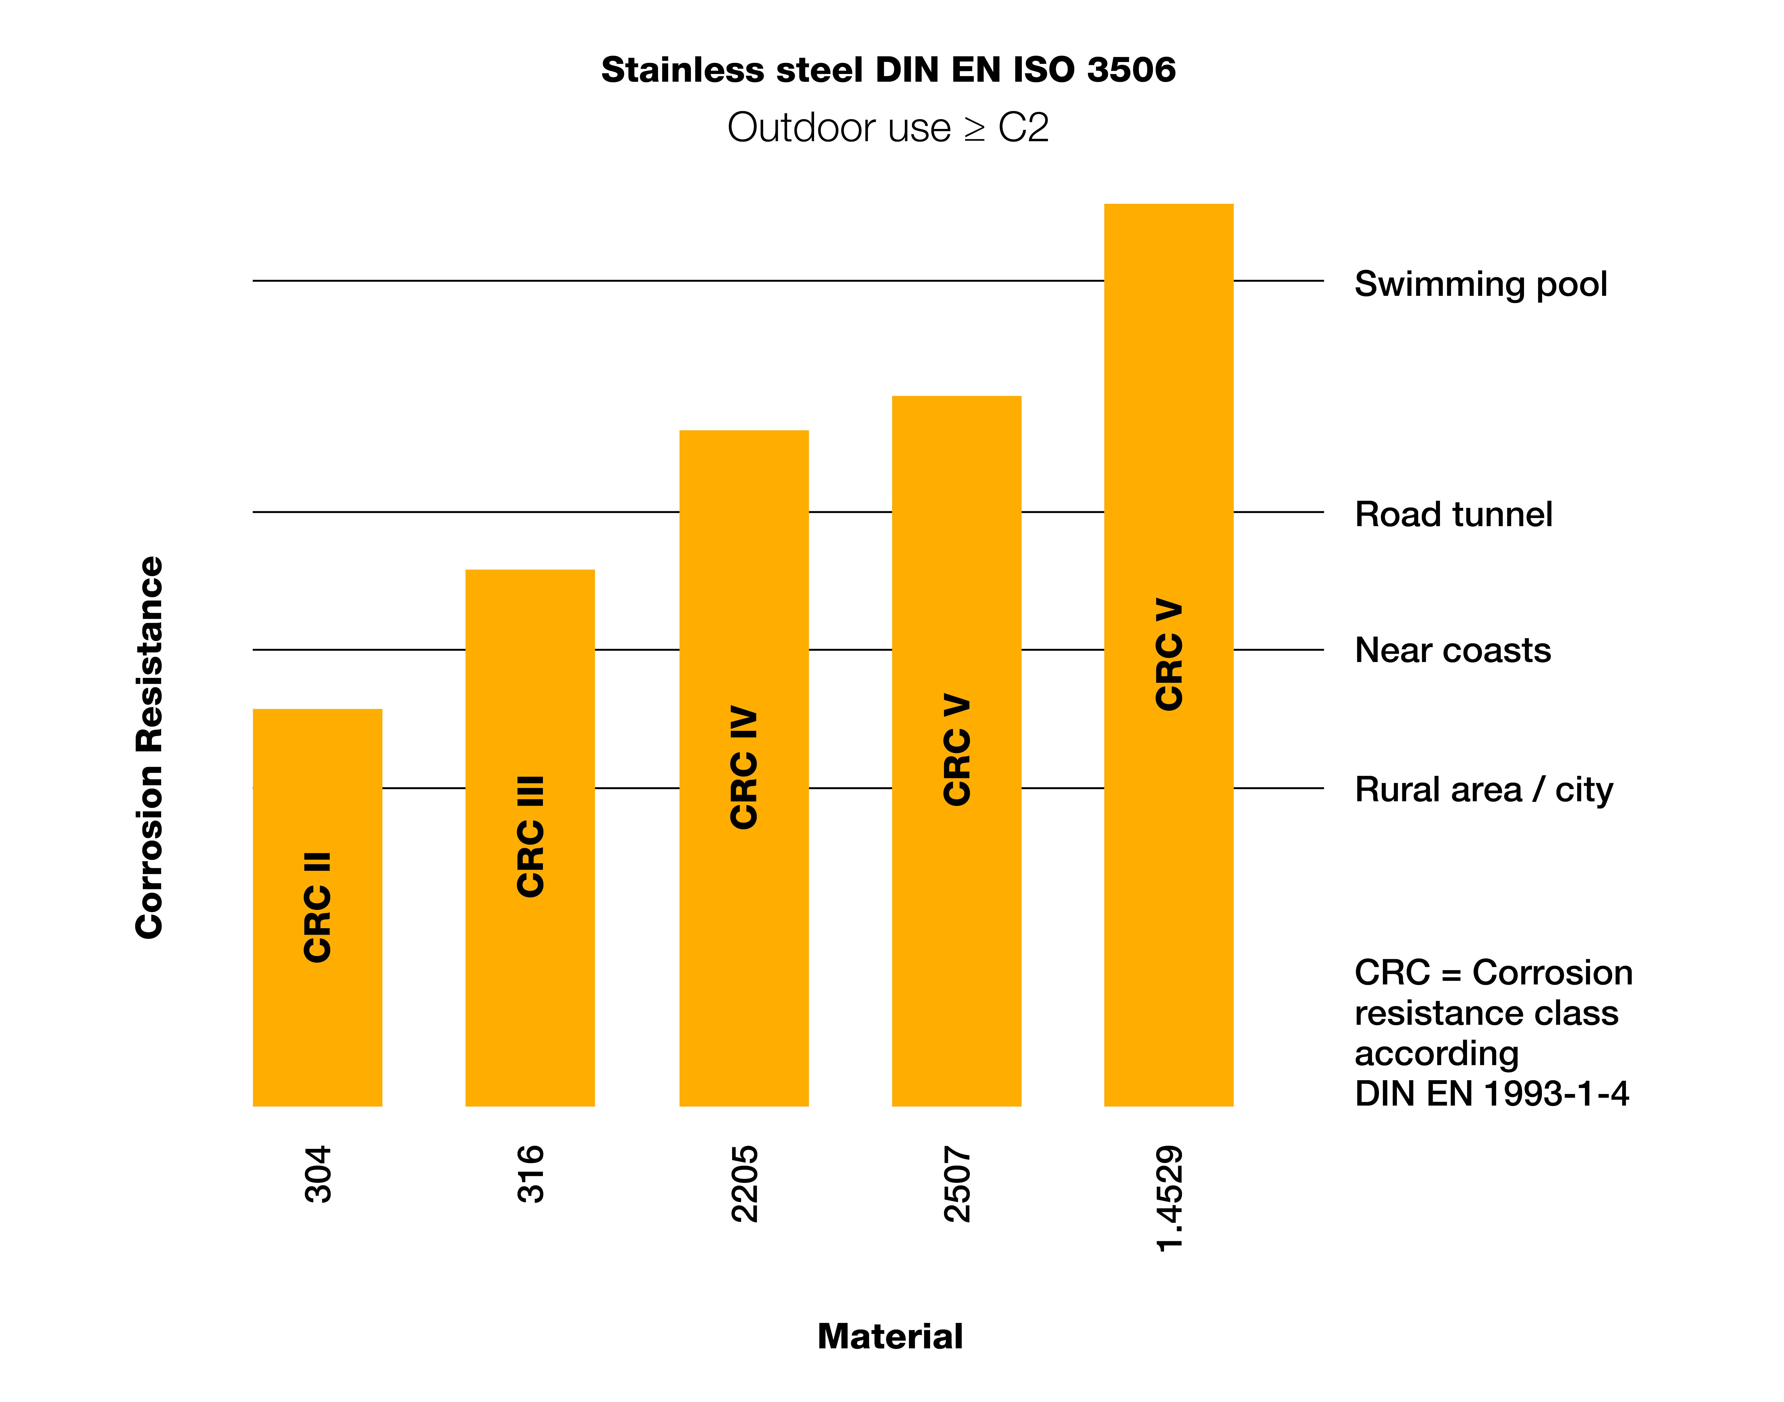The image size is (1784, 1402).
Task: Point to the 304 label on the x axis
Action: tap(318, 1174)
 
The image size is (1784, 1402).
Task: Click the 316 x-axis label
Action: tap(530, 1174)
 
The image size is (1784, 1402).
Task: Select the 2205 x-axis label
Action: tap(744, 1184)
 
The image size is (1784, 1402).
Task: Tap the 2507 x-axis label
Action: tap(957, 1184)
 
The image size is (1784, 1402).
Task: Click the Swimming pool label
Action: tap(1480, 284)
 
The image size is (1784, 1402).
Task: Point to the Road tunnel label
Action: tap(1453, 515)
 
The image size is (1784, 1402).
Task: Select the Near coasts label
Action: tap(1453, 650)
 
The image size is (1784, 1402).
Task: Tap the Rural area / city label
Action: tap(1484, 790)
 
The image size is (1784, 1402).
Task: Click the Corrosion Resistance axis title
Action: tap(149, 747)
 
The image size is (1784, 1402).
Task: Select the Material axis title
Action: tap(890, 1336)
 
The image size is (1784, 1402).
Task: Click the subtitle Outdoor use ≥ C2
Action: tap(888, 128)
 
